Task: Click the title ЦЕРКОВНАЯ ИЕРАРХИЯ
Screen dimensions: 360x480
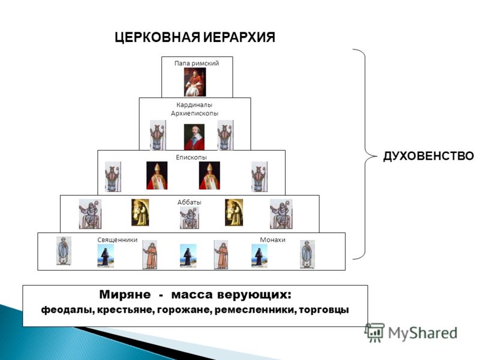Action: point(195,38)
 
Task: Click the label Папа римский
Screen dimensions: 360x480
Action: point(197,63)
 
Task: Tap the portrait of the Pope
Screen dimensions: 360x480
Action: point(195,82)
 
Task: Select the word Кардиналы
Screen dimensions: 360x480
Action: point(195,104)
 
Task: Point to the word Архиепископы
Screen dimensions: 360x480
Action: point(195,113)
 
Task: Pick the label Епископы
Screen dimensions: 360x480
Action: point(191,157)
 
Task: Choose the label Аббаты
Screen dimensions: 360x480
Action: point(190,202)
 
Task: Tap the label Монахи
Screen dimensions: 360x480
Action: point(273,239)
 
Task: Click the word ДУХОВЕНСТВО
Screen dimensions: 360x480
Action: point(428,157)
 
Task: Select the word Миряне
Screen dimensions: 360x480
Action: point(124,295)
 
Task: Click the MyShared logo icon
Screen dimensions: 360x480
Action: point(375,332)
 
